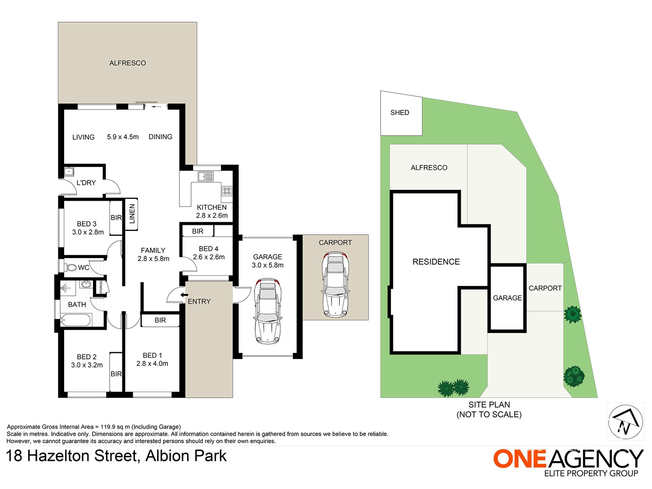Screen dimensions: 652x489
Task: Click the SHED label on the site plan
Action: click(x=399, y=113)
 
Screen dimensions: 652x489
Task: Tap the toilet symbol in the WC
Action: click(x=71, y=267)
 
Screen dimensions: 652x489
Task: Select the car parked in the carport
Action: click(x=335, y=284)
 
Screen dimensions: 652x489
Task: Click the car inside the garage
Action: click(x=268, y=311)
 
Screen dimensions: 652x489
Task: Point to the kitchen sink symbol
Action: click(x=205, y=176)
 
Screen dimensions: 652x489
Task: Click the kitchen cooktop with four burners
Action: click(x=227, y=191)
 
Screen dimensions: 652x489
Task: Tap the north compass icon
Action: click(x=625, y=422)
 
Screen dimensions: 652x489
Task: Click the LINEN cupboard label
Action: click(x=132, y=214)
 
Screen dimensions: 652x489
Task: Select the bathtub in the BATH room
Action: click(x=76, y=320)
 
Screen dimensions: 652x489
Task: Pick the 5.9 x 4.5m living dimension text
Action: click(x=123, y=137)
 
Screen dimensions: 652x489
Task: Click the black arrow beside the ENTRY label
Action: click(x=184, y=295)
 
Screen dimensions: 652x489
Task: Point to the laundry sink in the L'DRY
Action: click(x=69, y=171)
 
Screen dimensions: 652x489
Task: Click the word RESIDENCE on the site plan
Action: click(x=436, y=262)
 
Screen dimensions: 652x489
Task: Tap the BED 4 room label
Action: click(x=209, y=249)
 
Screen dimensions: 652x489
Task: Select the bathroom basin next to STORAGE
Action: click(x=85, y=284)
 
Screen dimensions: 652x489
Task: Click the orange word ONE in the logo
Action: click(x=520, y=458)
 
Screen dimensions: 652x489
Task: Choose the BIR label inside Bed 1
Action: click(x=160, y=320)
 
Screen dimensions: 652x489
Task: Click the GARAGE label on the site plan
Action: click(x=507, y=298)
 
